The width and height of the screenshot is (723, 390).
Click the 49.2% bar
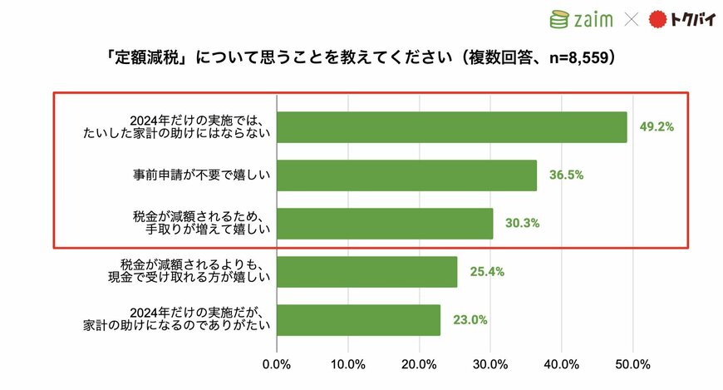point(451,127)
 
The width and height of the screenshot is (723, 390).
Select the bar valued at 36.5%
point(406,175)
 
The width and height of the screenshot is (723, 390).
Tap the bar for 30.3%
point(384,224)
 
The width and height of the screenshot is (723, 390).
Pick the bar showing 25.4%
point(366,272)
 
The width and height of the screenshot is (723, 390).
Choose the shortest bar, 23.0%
point(358,320)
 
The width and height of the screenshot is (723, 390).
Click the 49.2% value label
point(657,127)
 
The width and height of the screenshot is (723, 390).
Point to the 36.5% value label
point(566,175)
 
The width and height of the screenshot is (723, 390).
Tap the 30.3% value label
point(523,224)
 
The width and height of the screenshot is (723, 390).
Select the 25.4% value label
point(487,272)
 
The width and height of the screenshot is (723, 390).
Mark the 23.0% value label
point(470,320)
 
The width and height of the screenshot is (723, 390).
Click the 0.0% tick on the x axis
point(276,364)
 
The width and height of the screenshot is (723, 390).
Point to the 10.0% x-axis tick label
point(347,364)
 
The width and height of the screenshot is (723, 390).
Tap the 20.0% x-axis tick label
point(419,364)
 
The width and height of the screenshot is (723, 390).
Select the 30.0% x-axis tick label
point(490,364)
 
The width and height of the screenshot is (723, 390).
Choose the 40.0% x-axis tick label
point(562,364)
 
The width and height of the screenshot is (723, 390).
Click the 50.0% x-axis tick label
point(633,364)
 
